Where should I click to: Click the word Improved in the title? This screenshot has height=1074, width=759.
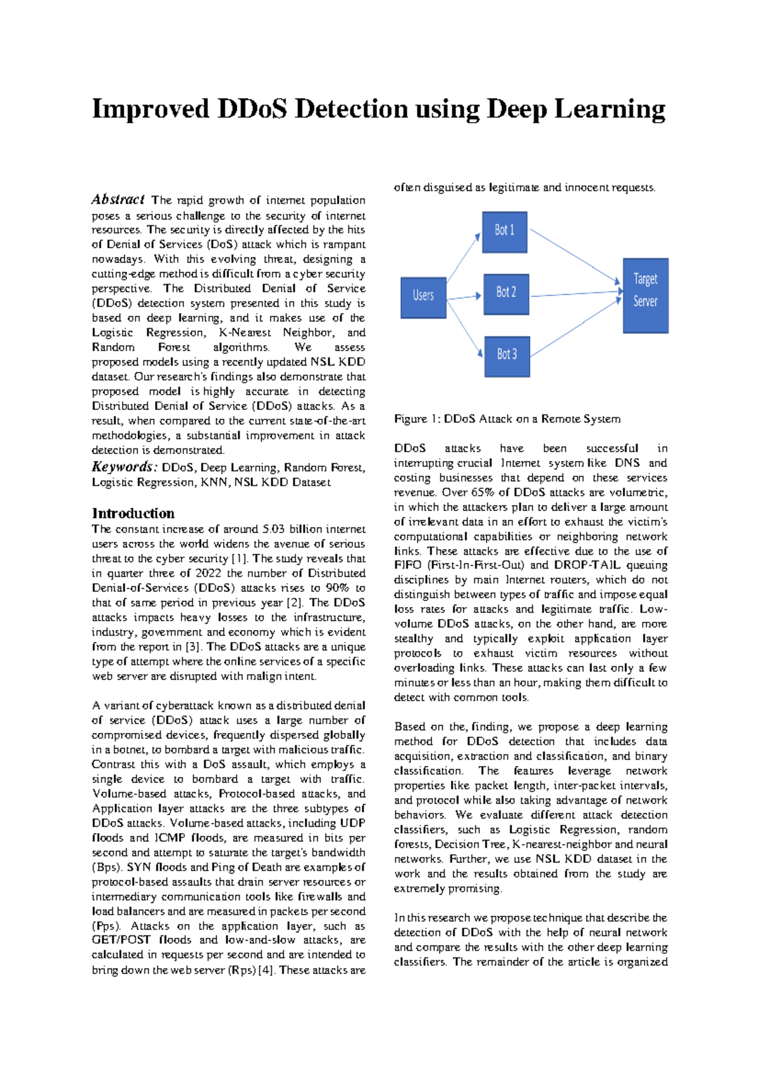pyautogui.click(x=150, y=109)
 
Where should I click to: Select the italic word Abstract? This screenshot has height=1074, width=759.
pyautogui.click(x=118, y=200)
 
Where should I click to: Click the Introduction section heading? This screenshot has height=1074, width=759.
pyautogui.click(x=133, y=514)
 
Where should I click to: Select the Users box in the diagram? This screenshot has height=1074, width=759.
pyautogui.click(x=423, y=295)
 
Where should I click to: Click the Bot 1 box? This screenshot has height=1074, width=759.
pyautogui.click(x=504, y=231)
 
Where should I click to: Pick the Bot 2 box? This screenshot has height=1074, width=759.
pyautogui.click(x=505, y=293)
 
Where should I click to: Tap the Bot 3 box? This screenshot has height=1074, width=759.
pyautogui.click(x=506, y=355)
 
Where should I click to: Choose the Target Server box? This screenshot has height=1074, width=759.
pyautogui.click(x=645, y=295)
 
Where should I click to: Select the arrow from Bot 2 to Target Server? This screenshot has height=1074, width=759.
pyautogui.click(x=576, y=293)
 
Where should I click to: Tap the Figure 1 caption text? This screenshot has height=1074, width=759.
pyautogui.click(x=507, y=419)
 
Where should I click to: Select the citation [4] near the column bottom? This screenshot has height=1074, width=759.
pyautogui.click(x=266, y=970)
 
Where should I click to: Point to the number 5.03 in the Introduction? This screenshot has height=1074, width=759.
pyautogui.click(x=275, y=529)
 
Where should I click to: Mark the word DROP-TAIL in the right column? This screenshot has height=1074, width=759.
pyautogui.click(x=593, y=565)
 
